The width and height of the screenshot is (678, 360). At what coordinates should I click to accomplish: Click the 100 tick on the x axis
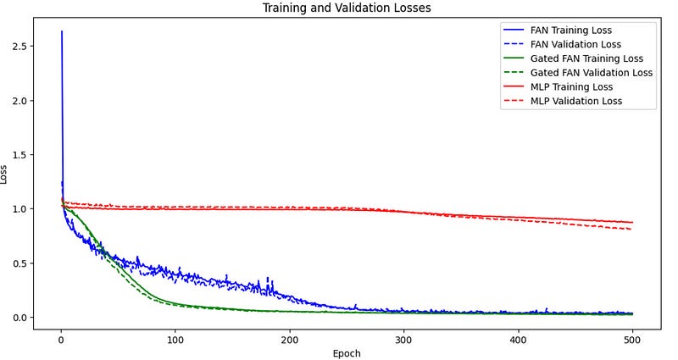[x=175, y=339]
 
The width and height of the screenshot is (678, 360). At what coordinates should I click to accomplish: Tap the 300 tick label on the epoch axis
[x=403, y=339]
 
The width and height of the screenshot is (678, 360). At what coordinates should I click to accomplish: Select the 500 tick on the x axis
[x=632, y=339]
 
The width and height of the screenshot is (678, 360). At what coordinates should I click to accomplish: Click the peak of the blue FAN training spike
[x=62, y=31]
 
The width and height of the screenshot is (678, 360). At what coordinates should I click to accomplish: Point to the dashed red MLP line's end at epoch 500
[x=631, y=230]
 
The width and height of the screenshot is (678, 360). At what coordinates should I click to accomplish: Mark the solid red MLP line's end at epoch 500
[x=632, y=222]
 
